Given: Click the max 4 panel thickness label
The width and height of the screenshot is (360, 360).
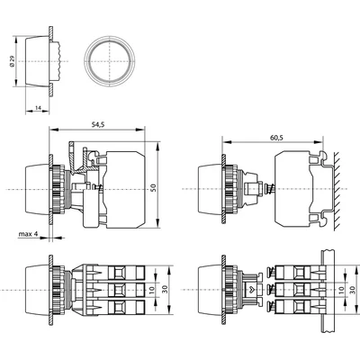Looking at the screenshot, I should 29,236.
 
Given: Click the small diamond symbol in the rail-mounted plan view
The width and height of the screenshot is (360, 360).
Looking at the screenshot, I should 251,290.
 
